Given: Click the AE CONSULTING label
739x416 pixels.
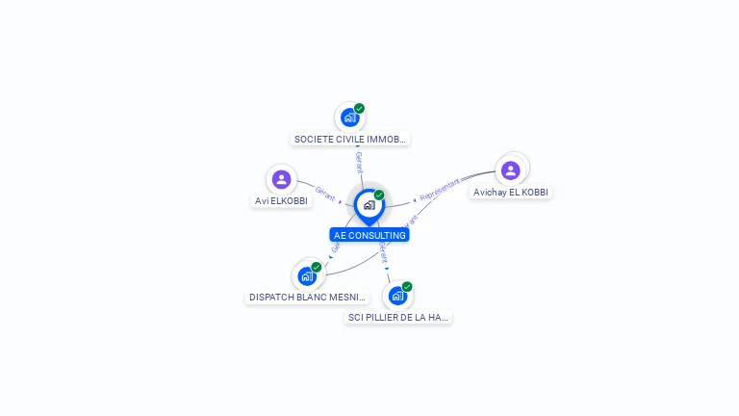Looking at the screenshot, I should coord(369,235).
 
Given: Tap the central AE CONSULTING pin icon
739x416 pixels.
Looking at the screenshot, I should coord(369,205).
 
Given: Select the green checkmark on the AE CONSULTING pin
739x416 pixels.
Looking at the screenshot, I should coord(379,195).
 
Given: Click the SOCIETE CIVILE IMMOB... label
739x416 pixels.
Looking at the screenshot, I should coord(350,139).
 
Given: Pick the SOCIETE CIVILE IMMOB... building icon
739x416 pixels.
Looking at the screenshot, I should coord(349,117).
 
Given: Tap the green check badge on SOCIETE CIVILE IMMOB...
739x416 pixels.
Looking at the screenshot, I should coord(359,109).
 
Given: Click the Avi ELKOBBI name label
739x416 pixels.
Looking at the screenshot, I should coord(282,201).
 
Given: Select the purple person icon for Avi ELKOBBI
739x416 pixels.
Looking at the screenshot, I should coord(281,179).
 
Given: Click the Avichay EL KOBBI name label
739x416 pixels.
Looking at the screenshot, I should coord(511,192).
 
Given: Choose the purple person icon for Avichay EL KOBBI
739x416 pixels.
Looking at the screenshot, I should coord(511,170).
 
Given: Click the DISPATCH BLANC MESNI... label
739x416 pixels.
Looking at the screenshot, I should coord(308,298).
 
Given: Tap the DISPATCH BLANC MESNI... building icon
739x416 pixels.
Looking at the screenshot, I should coord(307,276).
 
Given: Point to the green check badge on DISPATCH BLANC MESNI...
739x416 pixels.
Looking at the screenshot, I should coord(317,268).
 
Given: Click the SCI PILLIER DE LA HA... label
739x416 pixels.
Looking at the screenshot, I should coord(398,317).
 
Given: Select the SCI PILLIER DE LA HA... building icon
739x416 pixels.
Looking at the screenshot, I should coord(397,296).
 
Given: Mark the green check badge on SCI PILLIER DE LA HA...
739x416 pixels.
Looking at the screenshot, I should coord(407,287).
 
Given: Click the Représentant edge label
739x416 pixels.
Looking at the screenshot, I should coord(440,189).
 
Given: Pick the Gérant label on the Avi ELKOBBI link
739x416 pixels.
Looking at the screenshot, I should coord(325,193).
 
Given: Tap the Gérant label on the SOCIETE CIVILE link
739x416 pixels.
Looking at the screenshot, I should coord(359,162).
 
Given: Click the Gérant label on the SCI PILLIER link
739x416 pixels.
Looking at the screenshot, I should coord(383,252).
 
